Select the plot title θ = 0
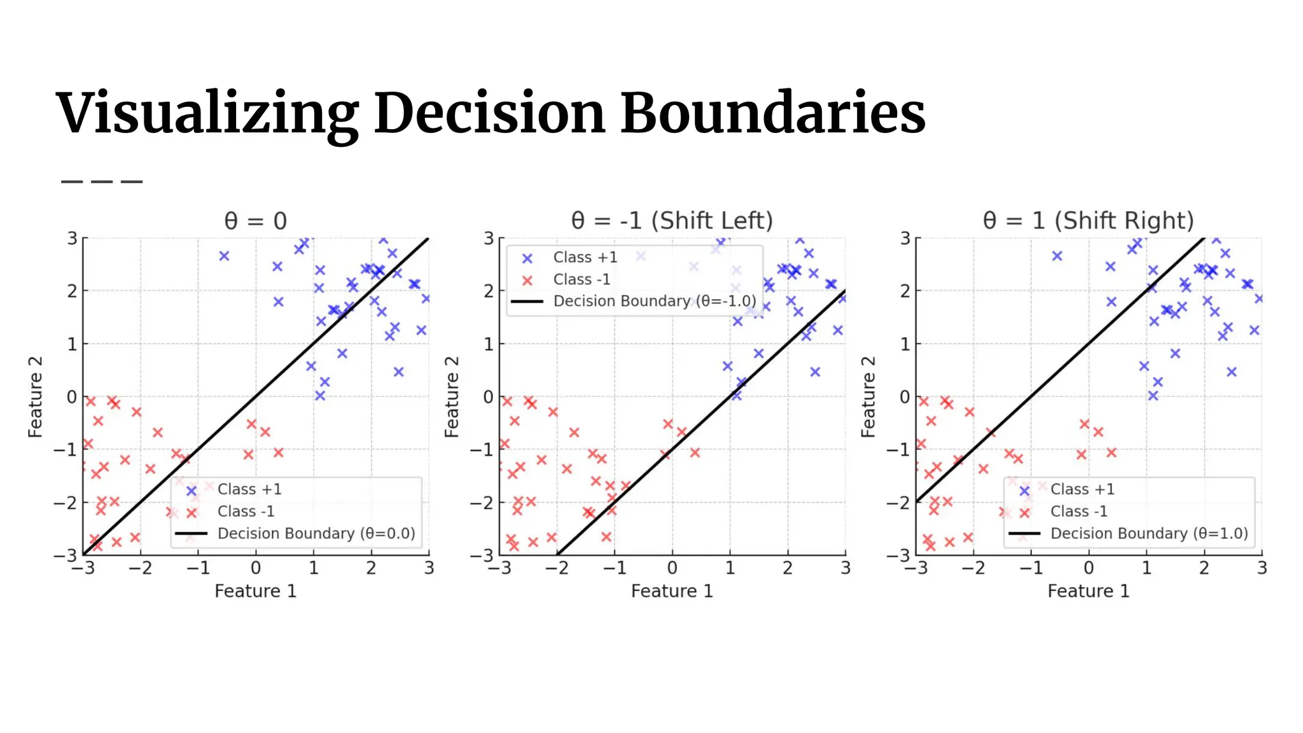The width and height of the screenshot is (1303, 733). [255, 221]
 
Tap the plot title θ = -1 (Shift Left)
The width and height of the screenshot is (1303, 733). [672, 221]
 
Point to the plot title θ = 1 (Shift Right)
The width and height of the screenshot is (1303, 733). [1088, 221]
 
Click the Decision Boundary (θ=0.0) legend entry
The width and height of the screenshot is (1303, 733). [316, 533]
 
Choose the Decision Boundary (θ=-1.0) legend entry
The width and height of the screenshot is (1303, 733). [655, 301]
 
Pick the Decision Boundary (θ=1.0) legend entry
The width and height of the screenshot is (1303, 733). [1149, 533]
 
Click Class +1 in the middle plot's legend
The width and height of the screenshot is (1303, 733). [585, 257]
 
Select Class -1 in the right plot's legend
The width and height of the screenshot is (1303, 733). [1078, 511]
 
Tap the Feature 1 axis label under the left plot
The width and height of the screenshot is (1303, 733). [255, 591]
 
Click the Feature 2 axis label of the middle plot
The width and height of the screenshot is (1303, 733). [452, 397]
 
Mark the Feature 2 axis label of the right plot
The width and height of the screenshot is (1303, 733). [868, 397]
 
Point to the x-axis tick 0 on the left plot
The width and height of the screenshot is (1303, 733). [256, 568]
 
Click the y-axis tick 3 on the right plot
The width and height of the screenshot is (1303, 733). [905, 239]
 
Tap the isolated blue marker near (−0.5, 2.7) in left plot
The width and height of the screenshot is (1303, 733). [224, 256]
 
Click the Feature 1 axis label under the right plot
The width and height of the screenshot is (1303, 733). [1088, 591]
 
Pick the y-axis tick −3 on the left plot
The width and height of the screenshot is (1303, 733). [66, 555]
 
